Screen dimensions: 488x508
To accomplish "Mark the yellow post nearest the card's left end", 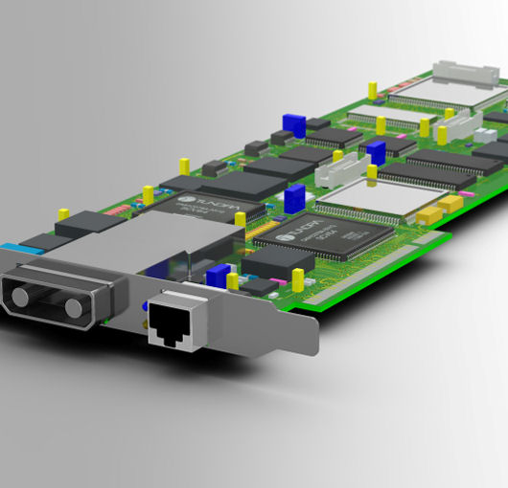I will pyautogui.click(x=63, y=215).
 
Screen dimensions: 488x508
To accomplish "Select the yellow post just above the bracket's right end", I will pyautogui.click(x=298, y=278).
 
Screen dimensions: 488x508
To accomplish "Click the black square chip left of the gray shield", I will pyautogui.click(x=88, y=226).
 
